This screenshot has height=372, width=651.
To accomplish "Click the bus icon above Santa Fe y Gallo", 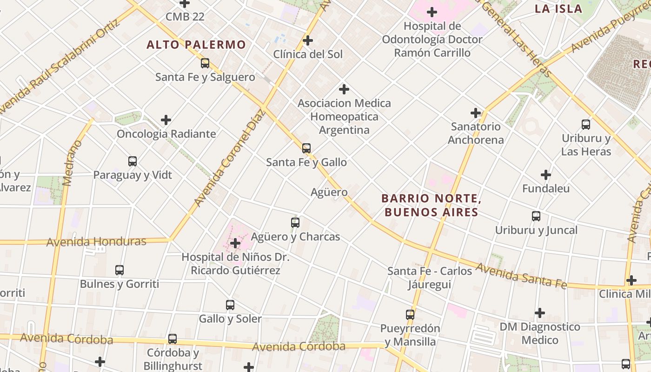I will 306,148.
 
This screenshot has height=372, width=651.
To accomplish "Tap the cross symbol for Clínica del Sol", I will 308,40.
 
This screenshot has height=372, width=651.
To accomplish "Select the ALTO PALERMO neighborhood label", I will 196,45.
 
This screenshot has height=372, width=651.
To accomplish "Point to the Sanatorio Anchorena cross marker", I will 476,113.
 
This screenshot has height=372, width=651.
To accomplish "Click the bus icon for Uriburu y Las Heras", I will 586,125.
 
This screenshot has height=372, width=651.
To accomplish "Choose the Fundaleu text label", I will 546,189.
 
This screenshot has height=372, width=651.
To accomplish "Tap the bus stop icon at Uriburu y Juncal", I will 536,216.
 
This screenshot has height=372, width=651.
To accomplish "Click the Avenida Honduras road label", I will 96,241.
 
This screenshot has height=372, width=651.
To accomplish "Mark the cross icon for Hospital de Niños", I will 235,243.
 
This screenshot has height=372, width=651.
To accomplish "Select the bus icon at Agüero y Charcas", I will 295,223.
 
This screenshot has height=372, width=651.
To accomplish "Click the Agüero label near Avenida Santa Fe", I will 329,192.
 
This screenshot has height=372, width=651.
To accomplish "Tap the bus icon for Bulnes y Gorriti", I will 120,270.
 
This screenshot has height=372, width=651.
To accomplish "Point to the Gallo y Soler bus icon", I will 230,305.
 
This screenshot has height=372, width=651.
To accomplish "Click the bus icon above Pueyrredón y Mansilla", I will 410,315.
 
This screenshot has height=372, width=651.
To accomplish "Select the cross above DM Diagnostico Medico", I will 540,313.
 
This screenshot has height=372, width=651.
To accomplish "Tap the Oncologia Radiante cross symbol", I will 166,120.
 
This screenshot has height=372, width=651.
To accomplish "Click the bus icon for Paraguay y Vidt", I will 133,161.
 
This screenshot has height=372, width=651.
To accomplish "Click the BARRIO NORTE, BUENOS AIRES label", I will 431,206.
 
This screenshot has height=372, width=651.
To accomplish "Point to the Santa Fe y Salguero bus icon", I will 205,63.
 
